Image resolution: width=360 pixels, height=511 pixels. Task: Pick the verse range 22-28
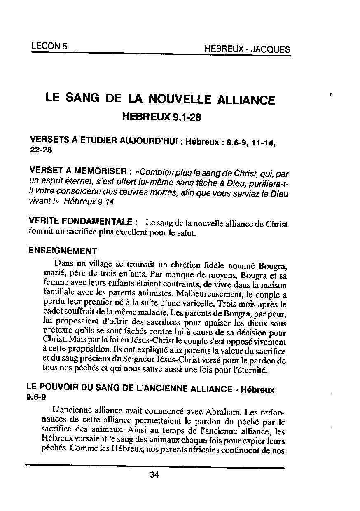[x=41, y=150]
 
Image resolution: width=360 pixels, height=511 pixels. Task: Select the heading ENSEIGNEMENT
[x=63, y=251]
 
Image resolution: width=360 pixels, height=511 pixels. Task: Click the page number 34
[x=154, y=475]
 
